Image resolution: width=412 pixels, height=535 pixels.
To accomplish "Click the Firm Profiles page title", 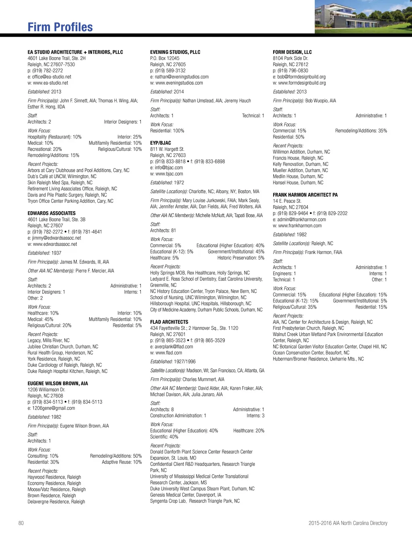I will (x=60, y=27).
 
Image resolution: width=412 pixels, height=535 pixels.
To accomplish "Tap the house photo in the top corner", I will (x=363, y=16).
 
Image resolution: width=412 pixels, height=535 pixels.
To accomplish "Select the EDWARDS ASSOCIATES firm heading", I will (x=51, y=213).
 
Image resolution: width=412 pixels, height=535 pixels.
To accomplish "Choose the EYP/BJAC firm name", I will (x=161, y=143).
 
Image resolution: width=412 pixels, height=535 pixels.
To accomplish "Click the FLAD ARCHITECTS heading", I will (x=169, y=322).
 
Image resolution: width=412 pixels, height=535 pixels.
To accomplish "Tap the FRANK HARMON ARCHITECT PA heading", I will (x=305, y=195).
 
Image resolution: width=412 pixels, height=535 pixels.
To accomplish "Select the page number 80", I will (x=21, y=523).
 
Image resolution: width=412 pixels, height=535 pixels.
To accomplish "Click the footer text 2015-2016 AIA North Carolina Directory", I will (x=348, y=523).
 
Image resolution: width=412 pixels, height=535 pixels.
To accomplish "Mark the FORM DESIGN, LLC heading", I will (x=292, y=52).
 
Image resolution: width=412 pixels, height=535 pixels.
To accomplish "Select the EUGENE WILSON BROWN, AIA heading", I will (x=58, y=383).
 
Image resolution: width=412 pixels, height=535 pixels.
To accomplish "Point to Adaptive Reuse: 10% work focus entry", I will (x=122, y=462).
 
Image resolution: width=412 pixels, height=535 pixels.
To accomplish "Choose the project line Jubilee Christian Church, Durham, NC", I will (x=63, y=346).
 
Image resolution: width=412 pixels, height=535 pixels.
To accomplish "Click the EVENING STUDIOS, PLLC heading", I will (x=175, y=52).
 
